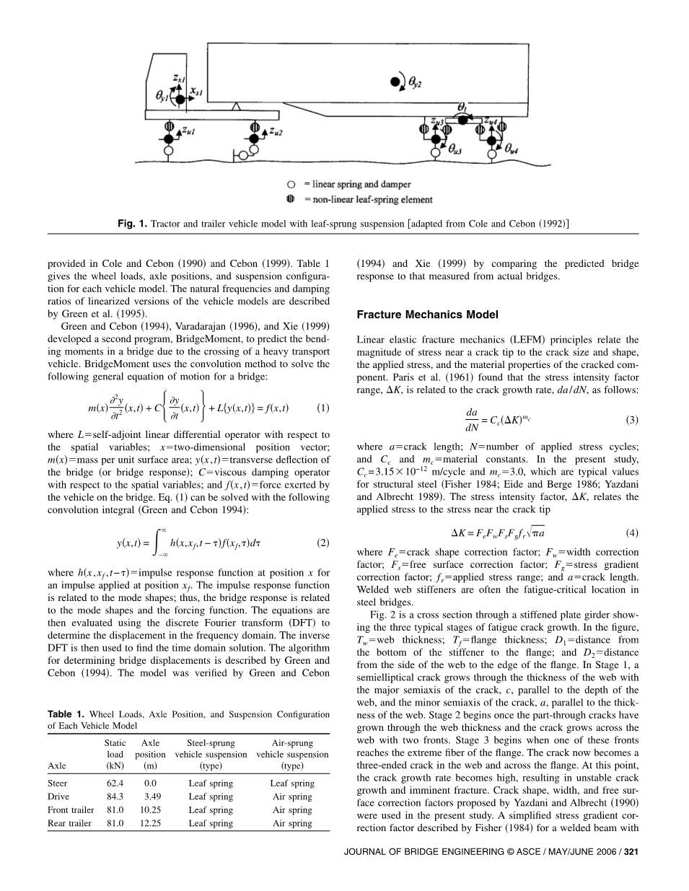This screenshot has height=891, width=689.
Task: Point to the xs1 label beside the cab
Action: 197,92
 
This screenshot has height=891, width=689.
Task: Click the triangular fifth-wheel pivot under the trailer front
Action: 235,107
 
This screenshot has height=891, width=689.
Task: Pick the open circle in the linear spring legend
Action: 290,184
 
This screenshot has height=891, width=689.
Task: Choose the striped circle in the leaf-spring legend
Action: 290,199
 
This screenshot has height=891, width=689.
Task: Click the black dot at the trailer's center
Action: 395,82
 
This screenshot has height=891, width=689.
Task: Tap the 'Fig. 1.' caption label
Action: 133,224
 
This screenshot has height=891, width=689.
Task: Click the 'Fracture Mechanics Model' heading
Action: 417,315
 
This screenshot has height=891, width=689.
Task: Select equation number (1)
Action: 323,408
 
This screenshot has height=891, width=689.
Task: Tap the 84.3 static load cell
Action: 115,796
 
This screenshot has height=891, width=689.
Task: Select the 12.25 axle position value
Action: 150,823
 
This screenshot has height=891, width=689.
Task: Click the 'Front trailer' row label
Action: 71,810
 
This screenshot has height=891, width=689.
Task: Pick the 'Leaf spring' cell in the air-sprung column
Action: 292,784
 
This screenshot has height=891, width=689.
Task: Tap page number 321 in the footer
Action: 631,852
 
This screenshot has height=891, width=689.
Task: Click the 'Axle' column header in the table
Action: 57,766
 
